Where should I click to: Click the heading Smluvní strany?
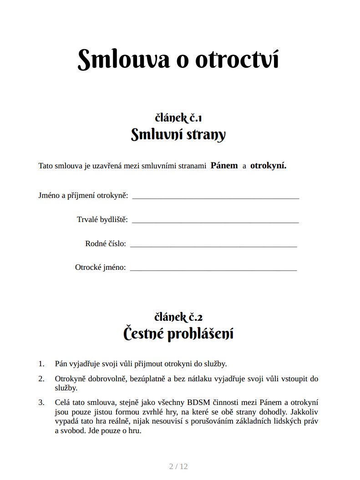coord(178,135)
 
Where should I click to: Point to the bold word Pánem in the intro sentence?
coord(224,166)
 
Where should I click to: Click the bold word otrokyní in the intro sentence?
coord(268,166)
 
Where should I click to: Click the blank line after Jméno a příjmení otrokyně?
coord(215,197)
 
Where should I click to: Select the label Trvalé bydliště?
coord(102,220)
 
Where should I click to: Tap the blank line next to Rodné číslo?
coord(213,244)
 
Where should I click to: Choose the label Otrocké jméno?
coord(101,268)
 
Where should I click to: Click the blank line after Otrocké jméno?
coord(213,268)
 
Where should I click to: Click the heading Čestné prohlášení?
coord(178,334)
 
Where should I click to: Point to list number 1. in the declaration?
coord(41,364)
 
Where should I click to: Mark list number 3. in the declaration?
coord(41,402)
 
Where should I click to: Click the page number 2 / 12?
coord(178,466)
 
